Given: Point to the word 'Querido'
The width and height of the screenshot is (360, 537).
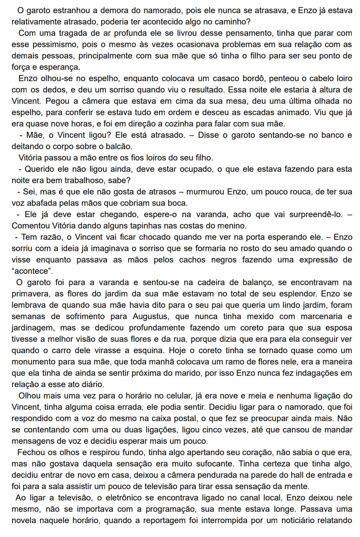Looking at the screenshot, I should pyautogui.click(x=36, y=169).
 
